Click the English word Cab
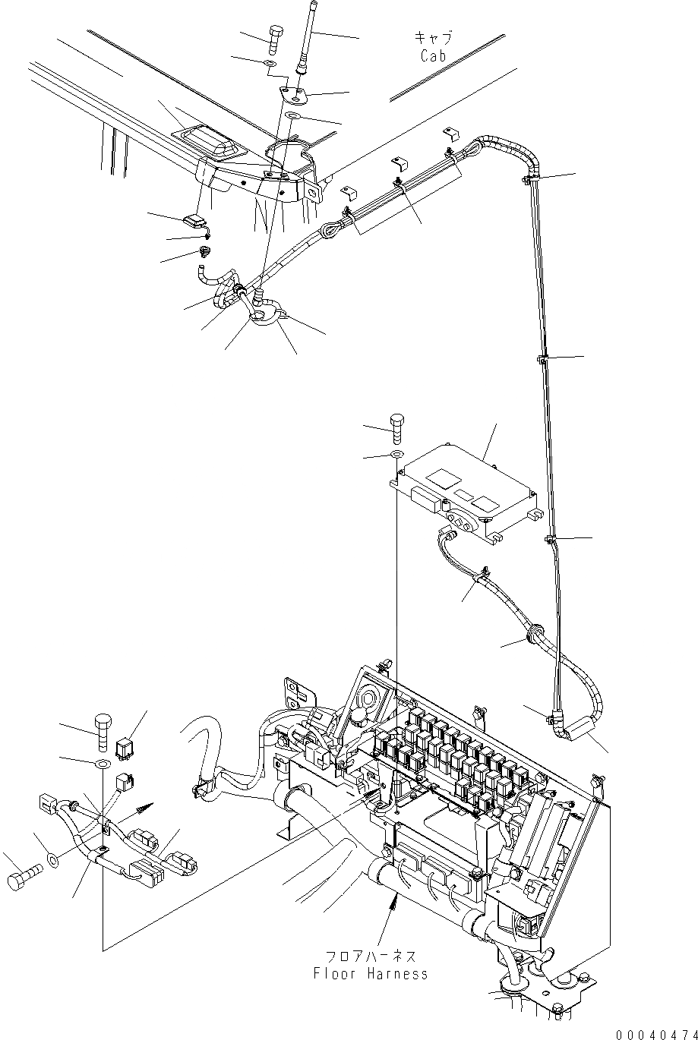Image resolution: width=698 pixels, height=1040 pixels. pyautogui.click(x=433, y=55)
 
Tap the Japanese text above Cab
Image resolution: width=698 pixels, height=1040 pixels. pyautogui.click(x=433, y=37)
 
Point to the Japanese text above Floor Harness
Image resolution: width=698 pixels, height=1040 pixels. pyautogui.click(x=369, y=955)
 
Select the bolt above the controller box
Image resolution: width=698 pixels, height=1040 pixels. pyautogui.click(x=399, y=429)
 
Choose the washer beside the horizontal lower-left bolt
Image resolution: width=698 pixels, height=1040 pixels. pyautogui.click(x=53, y=859)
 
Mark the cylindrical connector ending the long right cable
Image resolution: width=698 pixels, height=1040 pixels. pyautogui.click(x=584, y=730)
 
